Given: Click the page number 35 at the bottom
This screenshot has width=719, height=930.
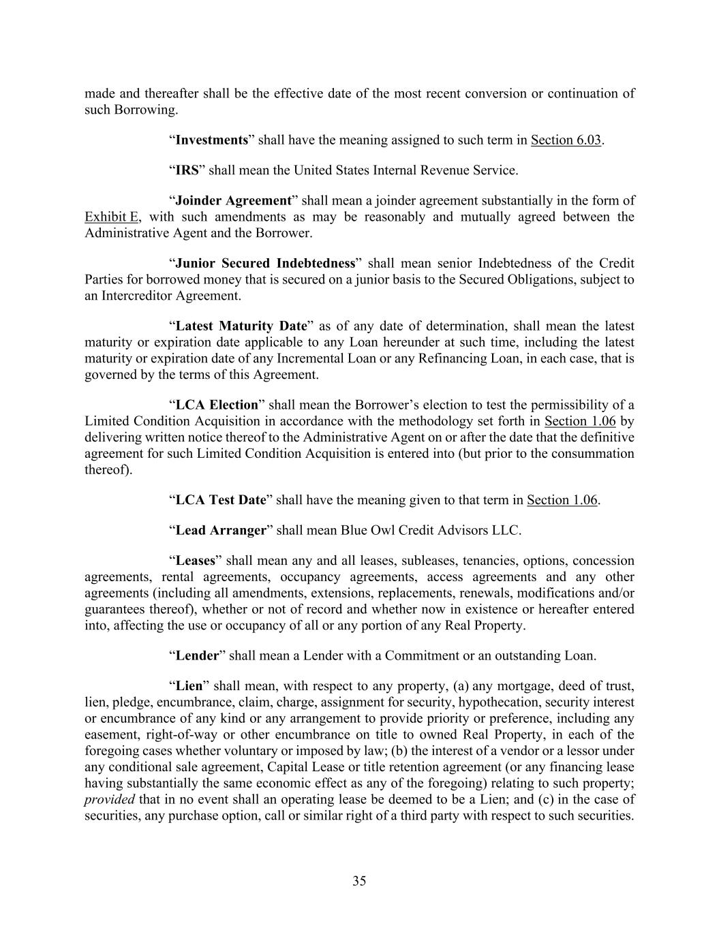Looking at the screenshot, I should coord(359,881).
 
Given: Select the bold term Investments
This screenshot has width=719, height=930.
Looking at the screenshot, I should coord(211,140).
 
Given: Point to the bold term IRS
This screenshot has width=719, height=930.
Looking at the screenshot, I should coord(187,170).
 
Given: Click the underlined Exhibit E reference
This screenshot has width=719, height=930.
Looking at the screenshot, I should coord(112,217).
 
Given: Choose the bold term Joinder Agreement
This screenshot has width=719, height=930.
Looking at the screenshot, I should coord(233,201).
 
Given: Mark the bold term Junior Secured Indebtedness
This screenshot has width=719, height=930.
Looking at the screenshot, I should coord(266,264).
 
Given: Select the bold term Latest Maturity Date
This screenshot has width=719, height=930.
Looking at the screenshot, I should coord(241,326).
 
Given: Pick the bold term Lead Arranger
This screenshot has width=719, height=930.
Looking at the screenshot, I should coord(220,530).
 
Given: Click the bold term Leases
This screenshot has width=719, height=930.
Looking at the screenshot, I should coord(195,561).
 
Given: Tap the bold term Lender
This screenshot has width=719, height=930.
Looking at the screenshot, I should coord(197,656).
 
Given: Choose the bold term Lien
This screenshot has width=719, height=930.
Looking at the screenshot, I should coord(189,686).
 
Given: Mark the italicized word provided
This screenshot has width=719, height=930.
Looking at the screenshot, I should coord(109,800).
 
